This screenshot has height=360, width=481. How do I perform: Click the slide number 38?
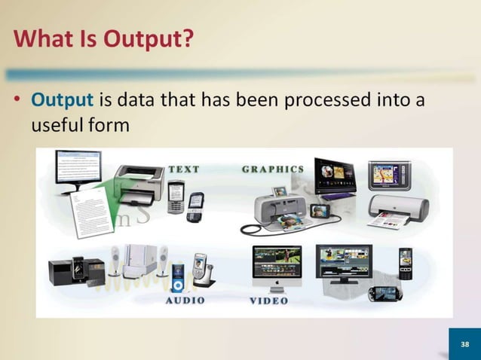464,344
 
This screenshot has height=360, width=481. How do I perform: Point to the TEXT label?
183,169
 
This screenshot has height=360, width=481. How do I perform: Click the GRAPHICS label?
272,169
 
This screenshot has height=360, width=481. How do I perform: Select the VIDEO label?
268,301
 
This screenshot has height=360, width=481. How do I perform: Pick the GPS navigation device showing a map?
388,175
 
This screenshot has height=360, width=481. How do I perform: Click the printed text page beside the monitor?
90,211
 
